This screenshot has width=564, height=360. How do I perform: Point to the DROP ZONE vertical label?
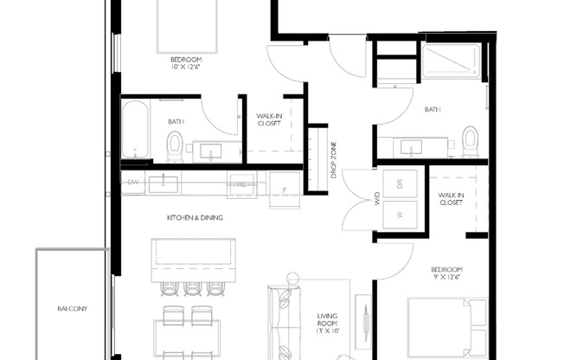coord(334,161)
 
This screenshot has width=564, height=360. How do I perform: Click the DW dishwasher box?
coord(133,183)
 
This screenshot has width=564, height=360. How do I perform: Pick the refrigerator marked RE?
coord(241,183)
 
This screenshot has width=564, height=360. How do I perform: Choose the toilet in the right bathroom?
coord(470,141)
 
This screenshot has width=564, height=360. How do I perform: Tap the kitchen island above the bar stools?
coord(194,254)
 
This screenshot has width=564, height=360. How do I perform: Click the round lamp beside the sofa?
coord(292,279)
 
